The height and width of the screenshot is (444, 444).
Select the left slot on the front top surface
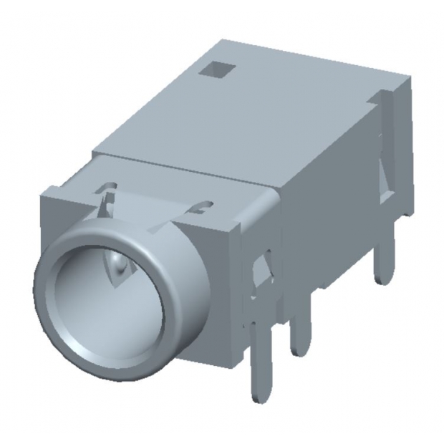(x=108, y=191)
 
